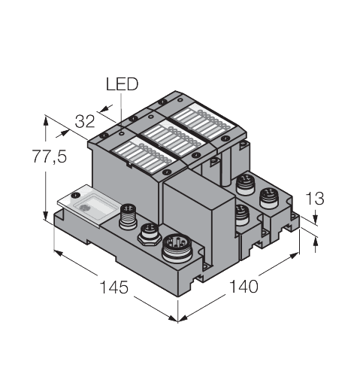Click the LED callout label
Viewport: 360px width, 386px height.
coord(122,84)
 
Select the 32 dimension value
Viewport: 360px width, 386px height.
coord(85,121)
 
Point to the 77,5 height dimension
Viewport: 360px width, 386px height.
coord(50,157)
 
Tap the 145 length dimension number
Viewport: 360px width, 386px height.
coord(114,287)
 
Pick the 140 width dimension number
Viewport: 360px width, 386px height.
coord(244,287)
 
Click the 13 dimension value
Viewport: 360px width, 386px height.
coord(314,199)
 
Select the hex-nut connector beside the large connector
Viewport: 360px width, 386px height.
coord(150,234)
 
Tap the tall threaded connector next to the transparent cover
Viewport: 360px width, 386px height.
coord(128,217)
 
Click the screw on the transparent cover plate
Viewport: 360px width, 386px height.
coord(75,195)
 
